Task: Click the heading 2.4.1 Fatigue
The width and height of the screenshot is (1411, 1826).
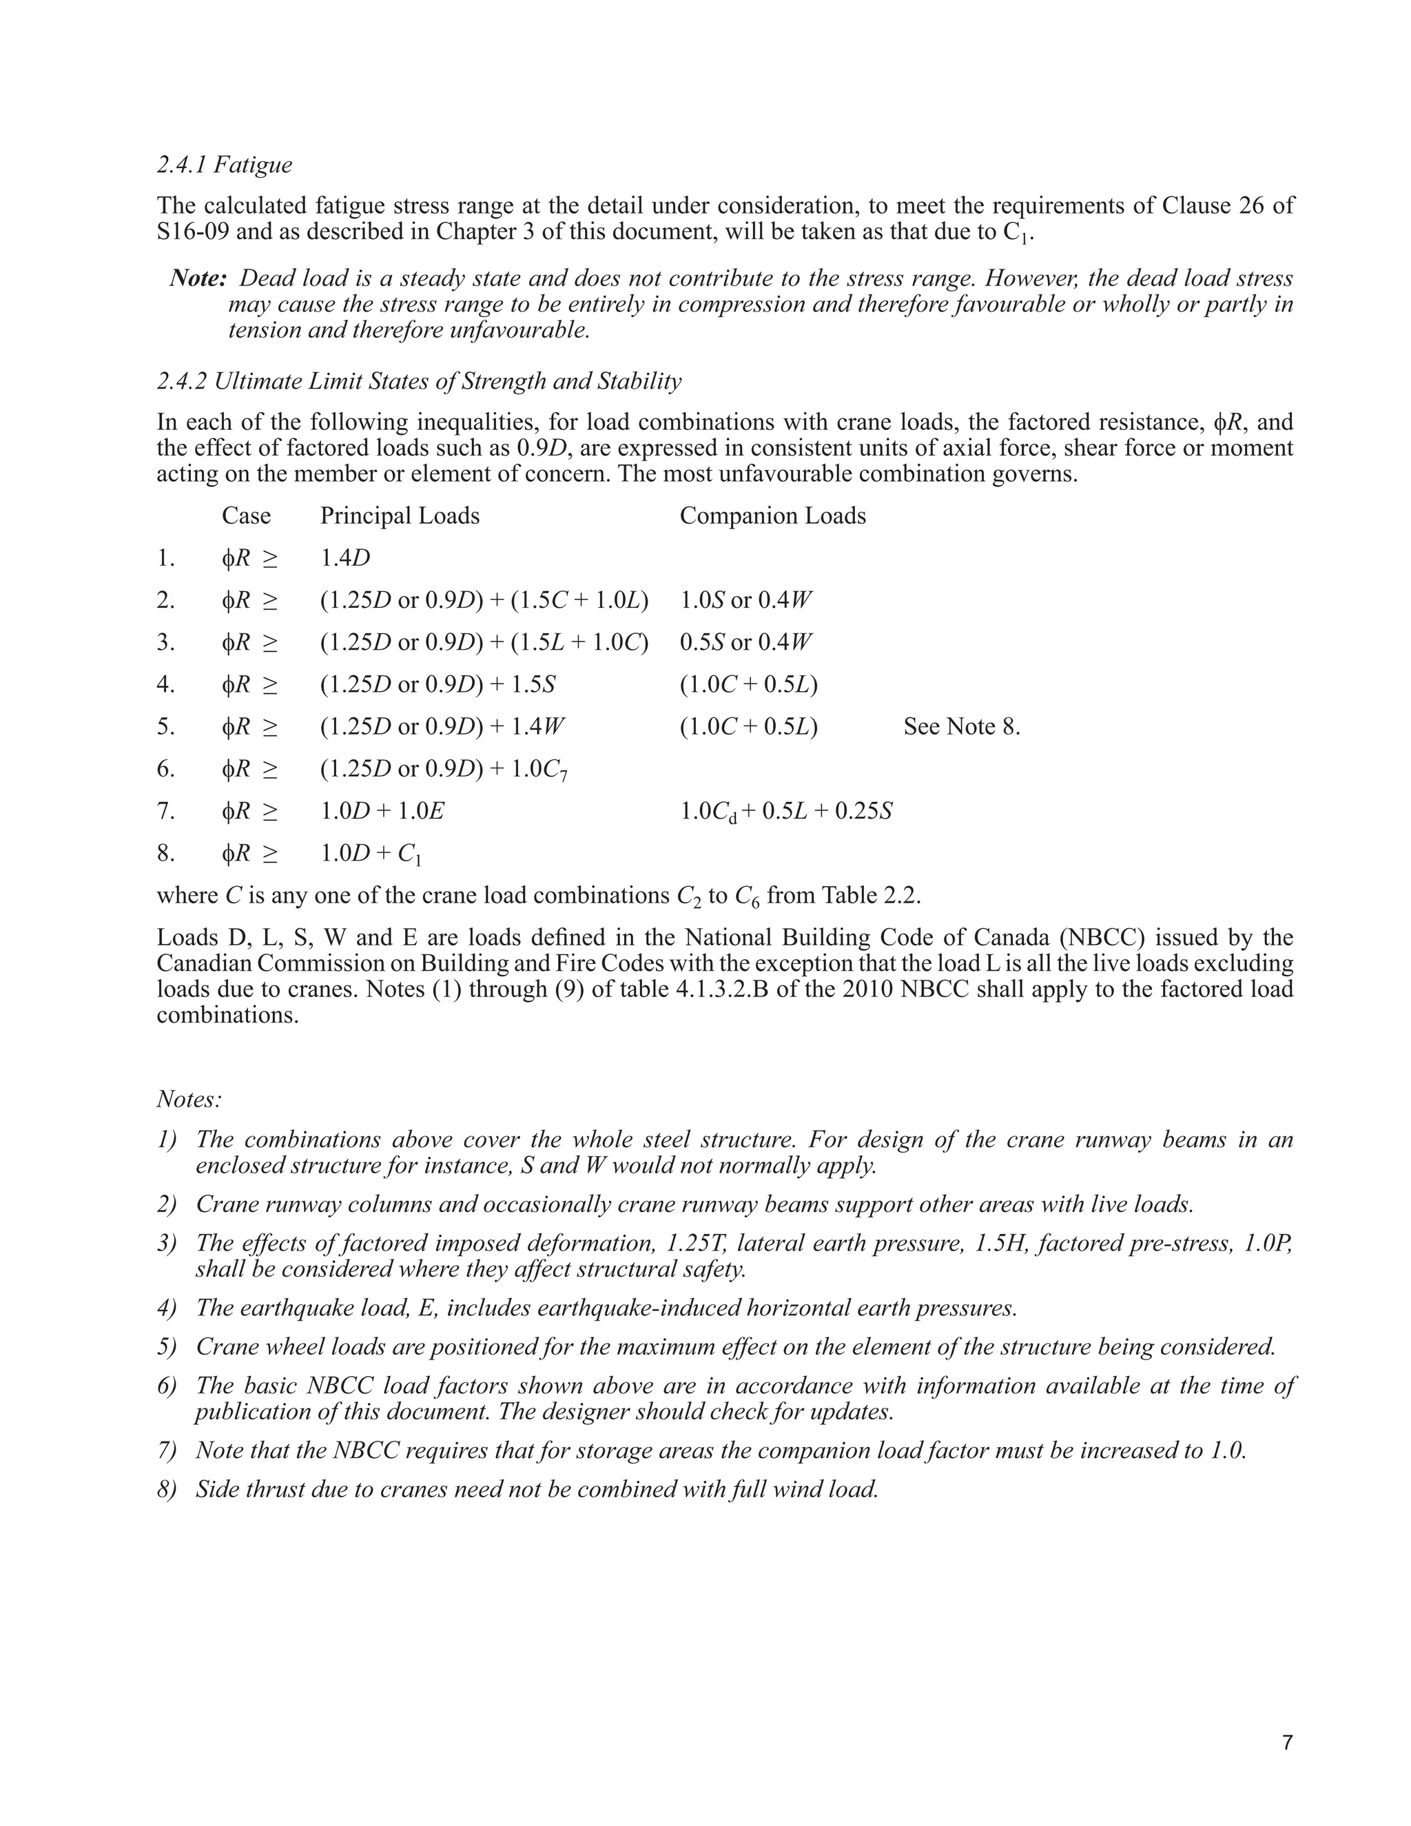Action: click(224, 165)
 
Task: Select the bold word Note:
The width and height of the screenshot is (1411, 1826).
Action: click(198, 278)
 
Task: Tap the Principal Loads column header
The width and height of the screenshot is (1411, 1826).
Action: click(400, 516)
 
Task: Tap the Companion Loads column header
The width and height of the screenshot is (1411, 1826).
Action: click(772, 516)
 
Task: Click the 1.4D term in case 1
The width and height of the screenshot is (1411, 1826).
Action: click(345, 557)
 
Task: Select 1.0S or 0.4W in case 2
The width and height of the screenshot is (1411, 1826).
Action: click(745, 600)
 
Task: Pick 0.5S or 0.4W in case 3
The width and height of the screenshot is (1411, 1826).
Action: click(745, 642)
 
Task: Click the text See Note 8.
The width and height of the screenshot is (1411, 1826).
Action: click(961, 726)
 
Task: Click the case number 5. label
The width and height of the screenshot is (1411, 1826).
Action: click(165, 726)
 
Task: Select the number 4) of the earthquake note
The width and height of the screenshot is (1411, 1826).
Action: click(166, 1308)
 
